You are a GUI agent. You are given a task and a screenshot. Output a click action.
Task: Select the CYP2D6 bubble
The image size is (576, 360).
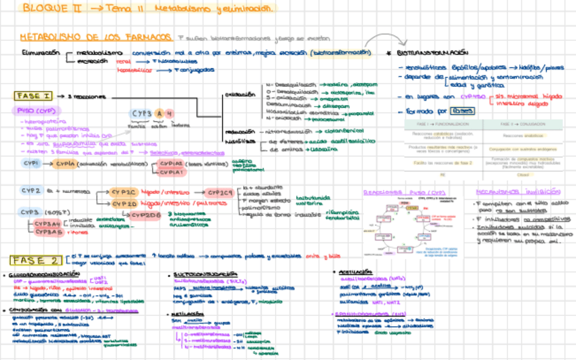tap(146, 215)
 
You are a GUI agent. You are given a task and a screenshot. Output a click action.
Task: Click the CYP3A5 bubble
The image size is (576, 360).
tap(48, 232)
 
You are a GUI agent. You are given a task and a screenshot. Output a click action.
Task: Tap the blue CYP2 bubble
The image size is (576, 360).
tap(31, 192)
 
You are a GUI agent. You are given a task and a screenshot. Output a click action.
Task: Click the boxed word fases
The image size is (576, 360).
tap(461, 110)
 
